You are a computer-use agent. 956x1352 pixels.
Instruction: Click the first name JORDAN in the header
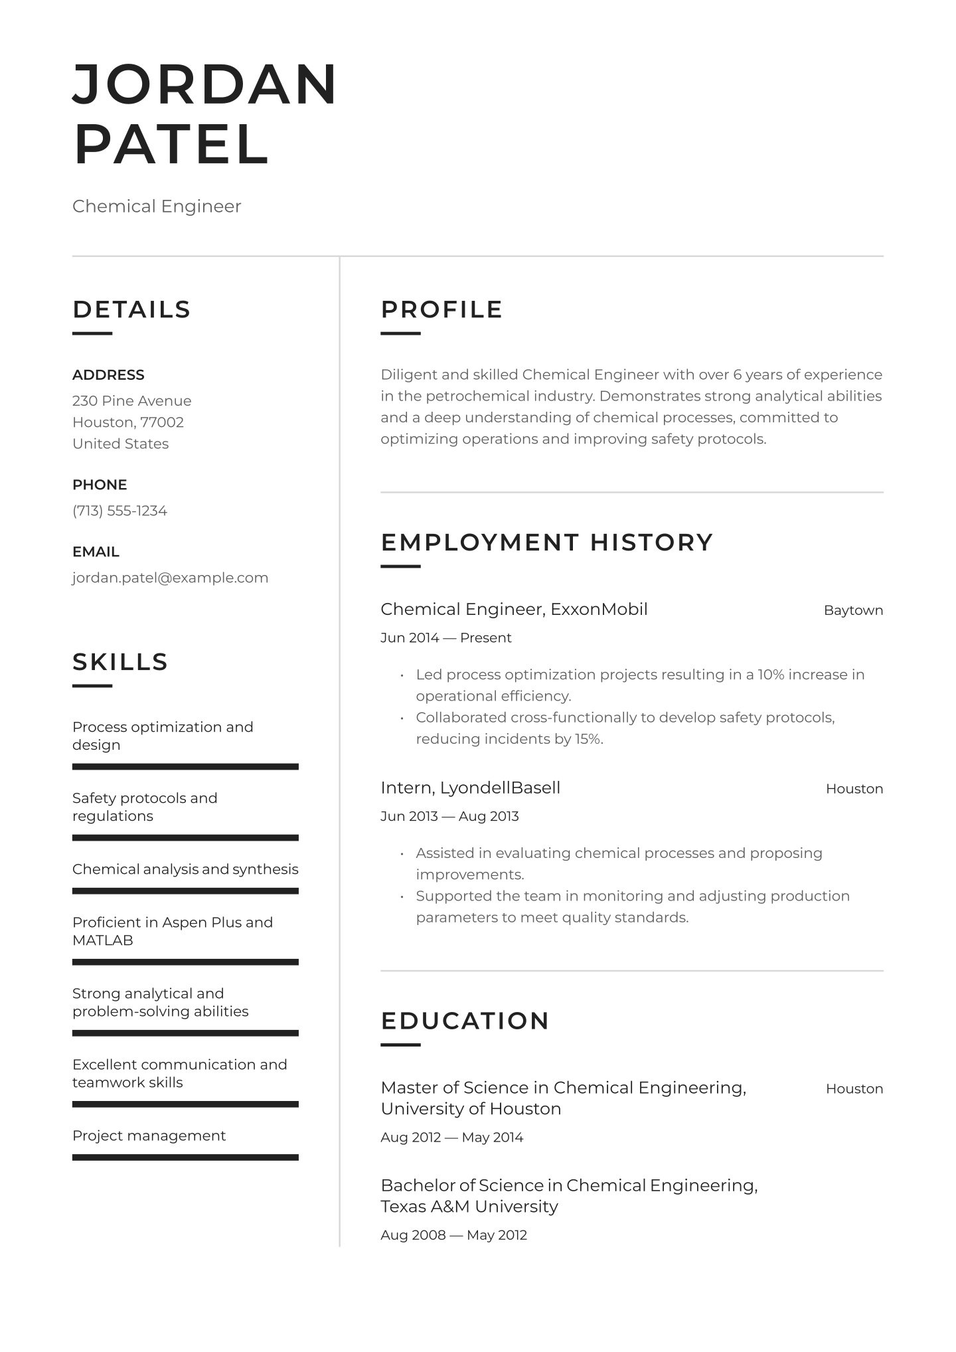tap(205, 84)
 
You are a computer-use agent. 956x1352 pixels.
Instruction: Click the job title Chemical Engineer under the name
tap(157, 207)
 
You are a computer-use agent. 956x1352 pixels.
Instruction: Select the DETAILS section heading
tap(131, 309)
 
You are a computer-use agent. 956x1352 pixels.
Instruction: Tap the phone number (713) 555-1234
tap(119, 511)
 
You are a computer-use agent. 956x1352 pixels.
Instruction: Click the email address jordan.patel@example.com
tap(170, 578)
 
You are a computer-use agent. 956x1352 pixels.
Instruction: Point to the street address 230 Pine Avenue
tap(131, 401)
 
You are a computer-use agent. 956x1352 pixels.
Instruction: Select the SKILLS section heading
tap(120, 662)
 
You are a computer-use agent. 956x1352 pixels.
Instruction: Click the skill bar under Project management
tap(185, 1157)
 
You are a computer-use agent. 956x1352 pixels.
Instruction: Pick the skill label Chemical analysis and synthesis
tap(185, 869)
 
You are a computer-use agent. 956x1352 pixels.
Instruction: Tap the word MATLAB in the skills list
tap(103, 940)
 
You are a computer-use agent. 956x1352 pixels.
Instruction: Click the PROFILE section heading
tap(441, 309)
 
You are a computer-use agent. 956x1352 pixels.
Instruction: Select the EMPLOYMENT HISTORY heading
tap(546, 543)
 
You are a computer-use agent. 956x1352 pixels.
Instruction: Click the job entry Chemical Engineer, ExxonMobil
tap(514, 610)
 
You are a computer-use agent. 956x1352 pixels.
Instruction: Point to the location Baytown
tap(853, 610)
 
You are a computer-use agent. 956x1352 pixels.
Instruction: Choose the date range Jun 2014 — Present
tap(445, 638)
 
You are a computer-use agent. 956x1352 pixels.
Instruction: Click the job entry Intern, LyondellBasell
tap(470, 788)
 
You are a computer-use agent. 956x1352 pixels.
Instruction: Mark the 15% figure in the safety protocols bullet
tap(587, 739)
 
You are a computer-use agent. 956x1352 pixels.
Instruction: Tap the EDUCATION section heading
tap(465, 1021)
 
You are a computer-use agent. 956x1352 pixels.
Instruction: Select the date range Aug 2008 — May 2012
tap(453, 1235)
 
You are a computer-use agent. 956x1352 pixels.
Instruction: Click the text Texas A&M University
tap(469, 1207)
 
